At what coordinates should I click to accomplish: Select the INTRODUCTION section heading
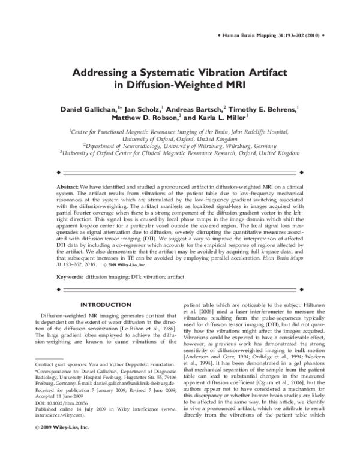coord(106,305)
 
